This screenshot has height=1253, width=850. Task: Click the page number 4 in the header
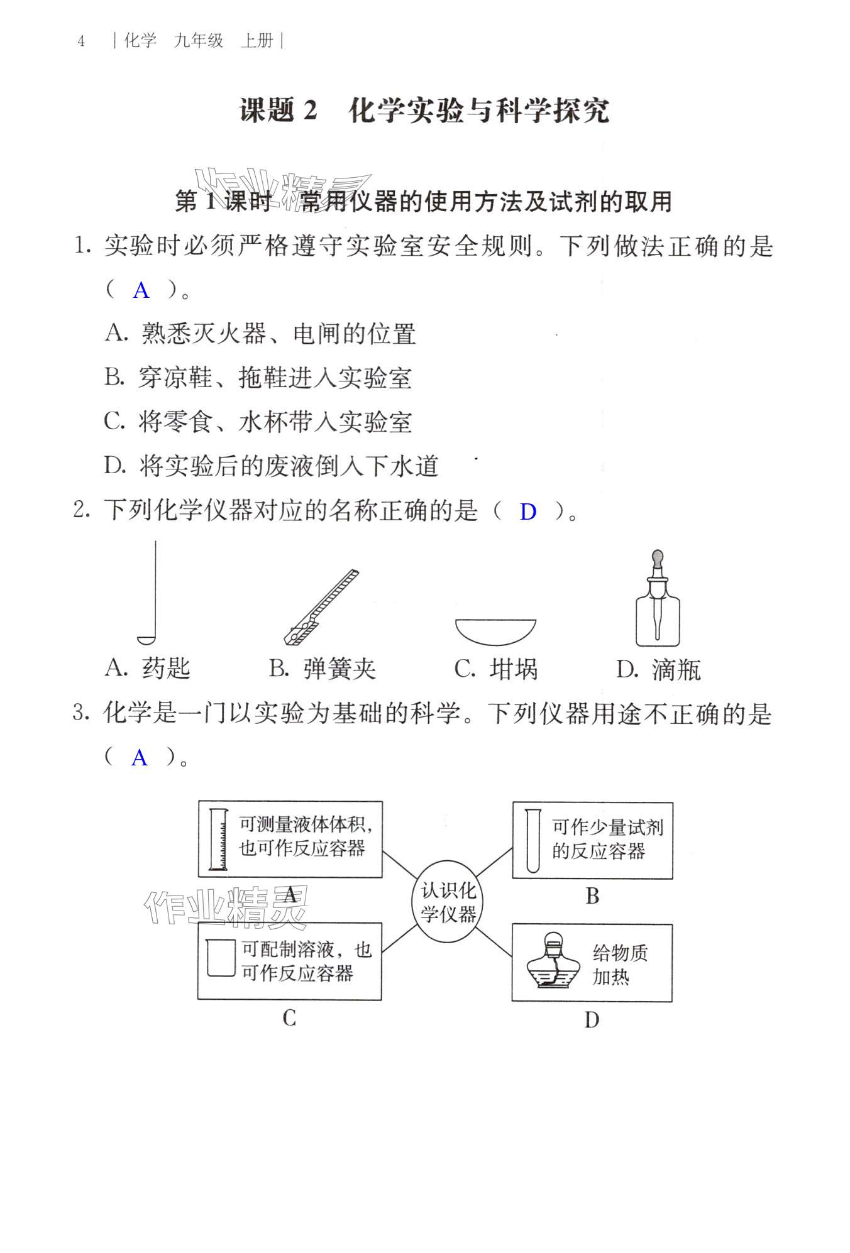tap(81, 41)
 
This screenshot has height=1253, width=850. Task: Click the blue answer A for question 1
tap(141, 290)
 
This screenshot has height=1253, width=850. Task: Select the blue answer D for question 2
tap(527, 512)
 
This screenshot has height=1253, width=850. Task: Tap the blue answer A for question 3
tap(139, 758)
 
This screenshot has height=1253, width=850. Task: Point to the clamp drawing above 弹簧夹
tap(321, 607)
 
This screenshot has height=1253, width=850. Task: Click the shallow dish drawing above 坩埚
tap(495, 631)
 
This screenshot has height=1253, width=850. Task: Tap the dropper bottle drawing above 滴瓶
tap(658, 610)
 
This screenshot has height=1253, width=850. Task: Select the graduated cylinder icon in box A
tap(218, 840)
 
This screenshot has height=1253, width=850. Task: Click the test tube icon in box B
tap(533, 841)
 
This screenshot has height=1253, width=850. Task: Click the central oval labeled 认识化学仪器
tap(448, 902)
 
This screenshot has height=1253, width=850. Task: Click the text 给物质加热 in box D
tap(619, 965)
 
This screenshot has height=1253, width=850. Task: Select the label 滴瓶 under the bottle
tap(676, 670)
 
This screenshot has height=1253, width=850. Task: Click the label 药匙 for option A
tap(166, 668)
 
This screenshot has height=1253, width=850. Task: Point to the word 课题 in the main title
tap(267, 111)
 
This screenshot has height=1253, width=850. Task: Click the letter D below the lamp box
tap(592, 1019)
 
